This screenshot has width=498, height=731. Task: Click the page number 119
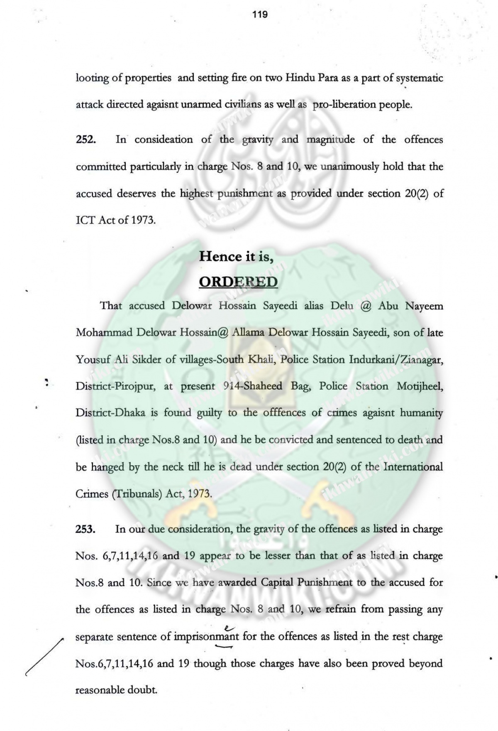(260, 15)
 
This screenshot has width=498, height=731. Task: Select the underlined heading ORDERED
(238, 282)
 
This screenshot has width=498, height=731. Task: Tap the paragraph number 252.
(86, 140)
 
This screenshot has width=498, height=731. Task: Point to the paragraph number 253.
(86, 529)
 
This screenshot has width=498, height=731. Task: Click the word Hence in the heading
(220, 256)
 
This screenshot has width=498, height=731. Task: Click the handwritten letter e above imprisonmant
(227, 628)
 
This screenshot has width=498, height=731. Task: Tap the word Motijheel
(420, 386)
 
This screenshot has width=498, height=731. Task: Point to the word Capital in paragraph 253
(278, 582)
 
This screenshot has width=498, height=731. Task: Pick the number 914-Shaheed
(252, 386)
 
